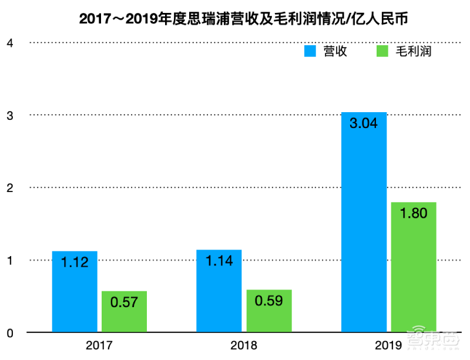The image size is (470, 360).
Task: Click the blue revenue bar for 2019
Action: pos(364,235)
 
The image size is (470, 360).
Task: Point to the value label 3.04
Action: pos(364,123)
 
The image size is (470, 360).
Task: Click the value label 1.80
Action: pos(414,214)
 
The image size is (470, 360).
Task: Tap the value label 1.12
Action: pos(75,263)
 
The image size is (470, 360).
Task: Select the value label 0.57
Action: pos(124,304)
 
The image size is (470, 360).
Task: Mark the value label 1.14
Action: pos(219,261)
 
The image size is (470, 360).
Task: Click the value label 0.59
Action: pos(269,302)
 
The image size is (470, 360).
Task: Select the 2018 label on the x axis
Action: pos(244,345)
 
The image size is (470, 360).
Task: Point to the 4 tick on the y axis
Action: pos(9,42)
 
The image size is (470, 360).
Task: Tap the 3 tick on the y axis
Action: pos(9,115)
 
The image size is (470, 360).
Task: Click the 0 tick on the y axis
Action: pos(9,333)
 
